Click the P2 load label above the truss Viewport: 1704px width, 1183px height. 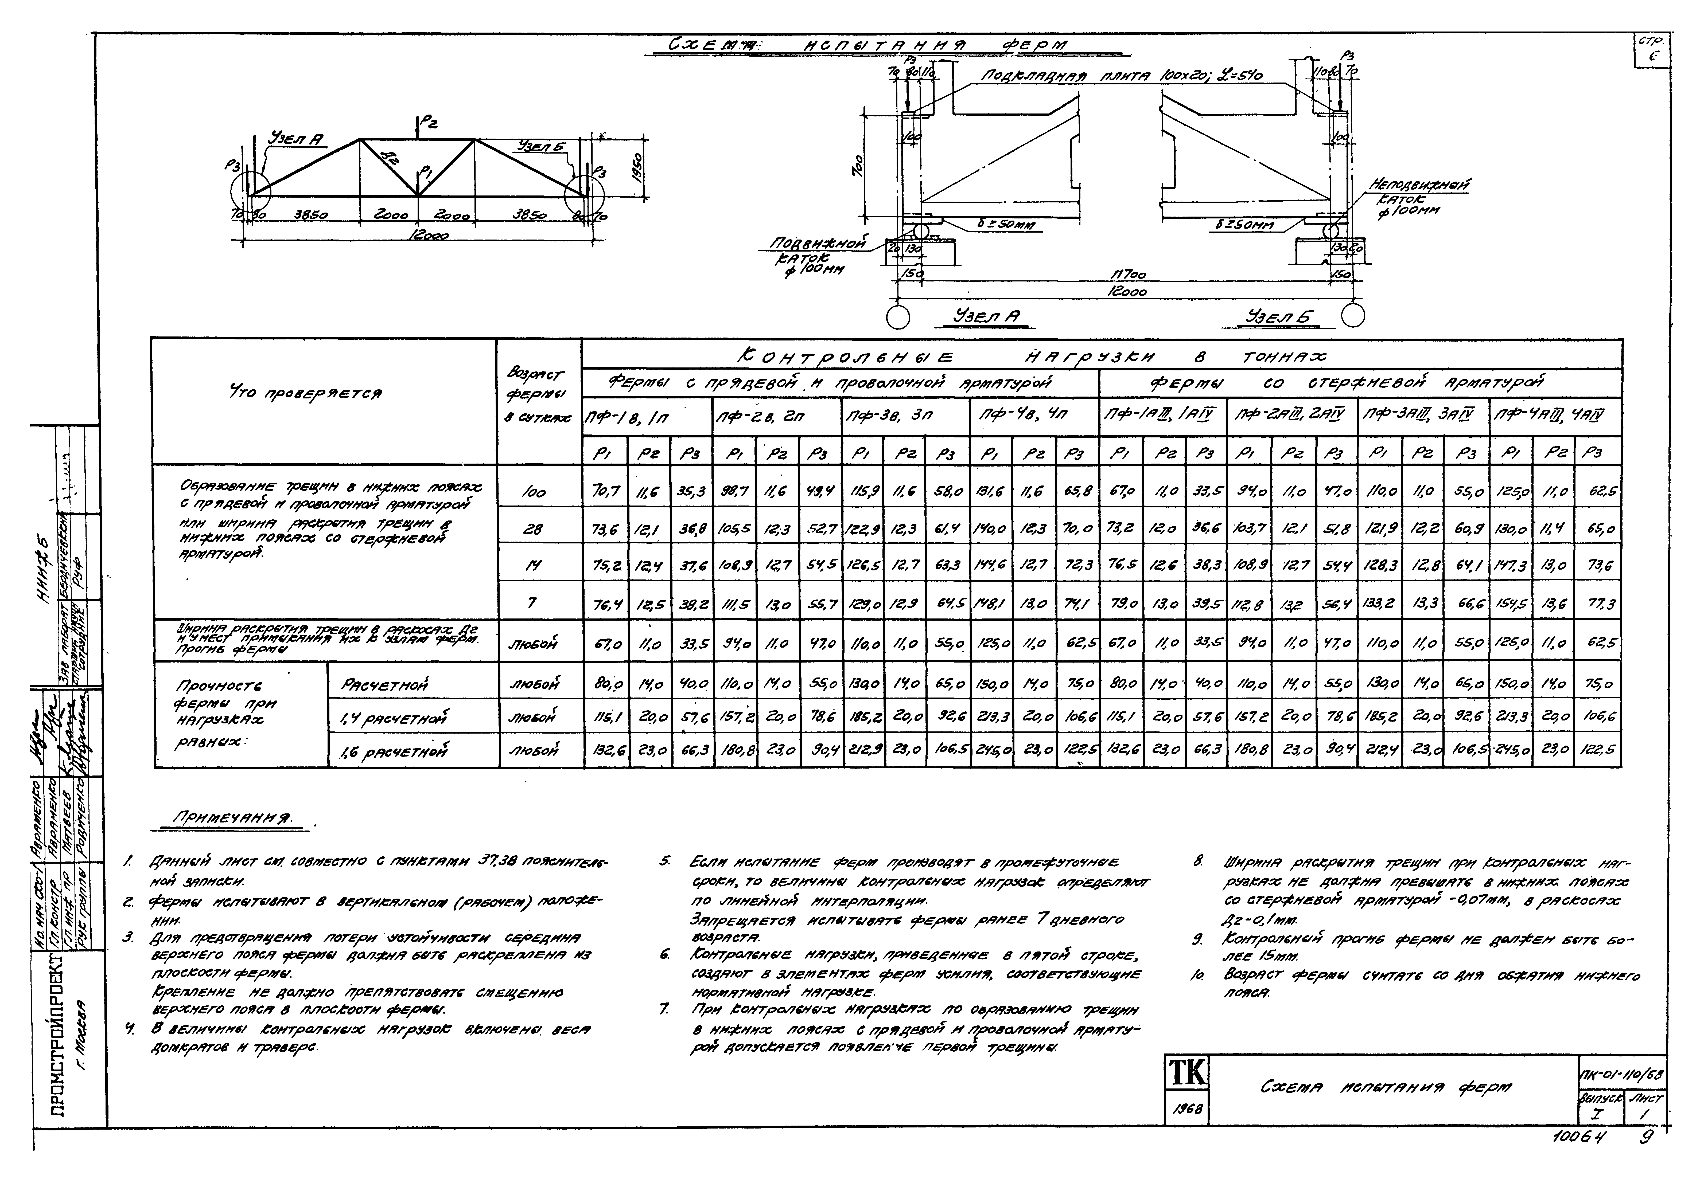[429, 124]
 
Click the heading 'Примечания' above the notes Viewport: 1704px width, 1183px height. [231, 818]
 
